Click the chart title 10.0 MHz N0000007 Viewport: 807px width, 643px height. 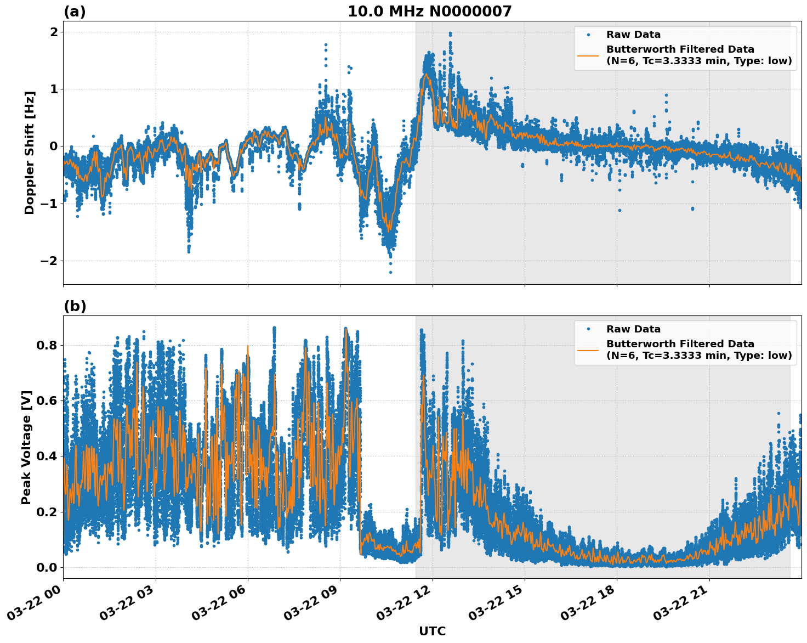point(429,12)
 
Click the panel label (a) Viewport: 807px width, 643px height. point(75,12)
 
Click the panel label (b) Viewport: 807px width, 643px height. point(75,306)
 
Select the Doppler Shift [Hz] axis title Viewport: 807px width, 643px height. point(30,153)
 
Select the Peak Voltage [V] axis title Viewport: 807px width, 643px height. point(26,447)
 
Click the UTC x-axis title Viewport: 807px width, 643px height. point(432,631)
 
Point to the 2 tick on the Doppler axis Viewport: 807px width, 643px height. point(53,32)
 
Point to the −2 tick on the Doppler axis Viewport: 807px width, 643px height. point(48,261)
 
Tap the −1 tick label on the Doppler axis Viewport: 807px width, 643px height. point(48,204)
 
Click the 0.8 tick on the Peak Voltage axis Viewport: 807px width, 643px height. point(47,345)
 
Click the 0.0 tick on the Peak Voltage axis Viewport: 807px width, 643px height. point(47,567)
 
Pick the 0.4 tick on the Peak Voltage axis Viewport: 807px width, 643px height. point(47,456)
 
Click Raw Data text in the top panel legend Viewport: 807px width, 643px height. point(633,35)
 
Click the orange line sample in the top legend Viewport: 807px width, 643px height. point(588,55)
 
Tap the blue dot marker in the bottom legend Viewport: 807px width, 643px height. point(588,329)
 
